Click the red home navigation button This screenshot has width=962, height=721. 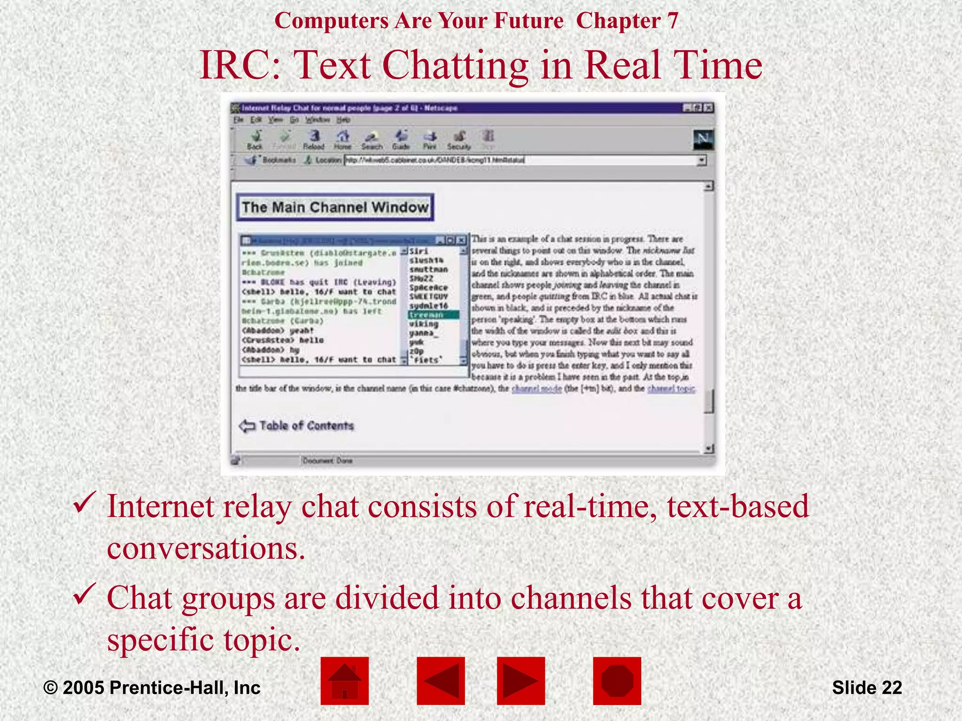(x=344, y=681)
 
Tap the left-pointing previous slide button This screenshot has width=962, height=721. (x=441, y=681)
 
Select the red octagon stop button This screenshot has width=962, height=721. (x=617, y=681)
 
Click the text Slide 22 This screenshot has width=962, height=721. (x=867, y=688)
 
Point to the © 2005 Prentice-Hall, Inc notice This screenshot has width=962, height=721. (x=152, y=688)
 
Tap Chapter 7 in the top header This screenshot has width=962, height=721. (x=627, y=21)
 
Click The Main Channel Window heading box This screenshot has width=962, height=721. (x=335, y=207)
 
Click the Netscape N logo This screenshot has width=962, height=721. (x=703, y=139)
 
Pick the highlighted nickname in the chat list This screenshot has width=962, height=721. (x=433, y=315)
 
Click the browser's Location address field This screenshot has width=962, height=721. (x=521, y=160)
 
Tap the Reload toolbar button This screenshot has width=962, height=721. (x=314, y=139)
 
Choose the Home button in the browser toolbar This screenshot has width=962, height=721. (x=342, y=139)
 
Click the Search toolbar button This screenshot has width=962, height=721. (x=372, y=139)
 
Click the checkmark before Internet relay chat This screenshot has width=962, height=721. (x=85, y=503)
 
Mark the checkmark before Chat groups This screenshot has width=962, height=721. (x=85, y=594)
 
